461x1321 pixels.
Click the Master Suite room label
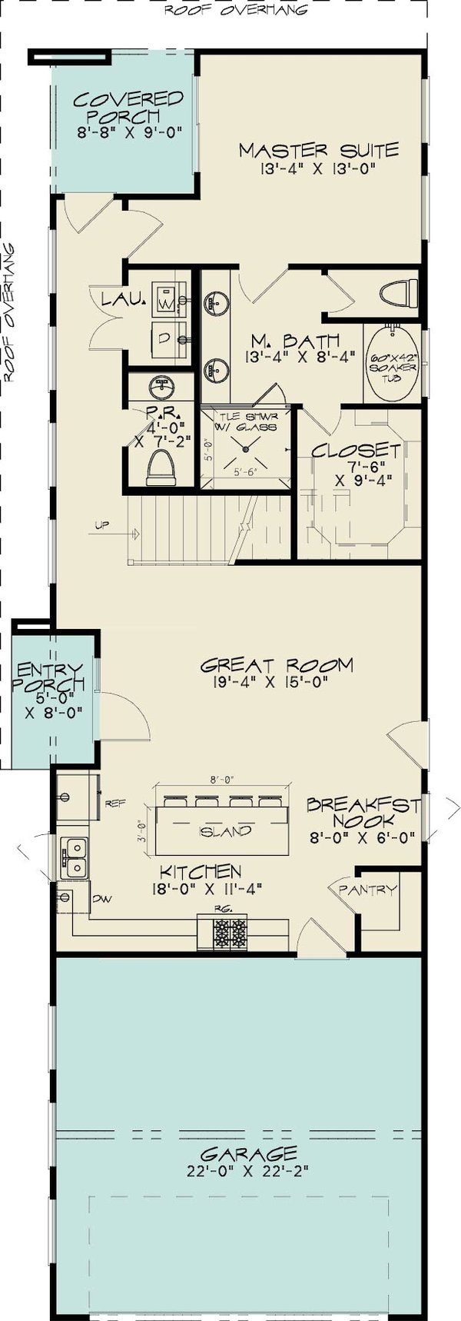tap(318, 150)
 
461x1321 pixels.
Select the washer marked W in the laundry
tap(166, 299)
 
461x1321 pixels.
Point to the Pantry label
tap(367, 890)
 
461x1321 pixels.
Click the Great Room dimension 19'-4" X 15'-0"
tap(276, 682)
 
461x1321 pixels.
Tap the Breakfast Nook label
tap(363, 813)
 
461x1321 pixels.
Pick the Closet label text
tap(356, 451)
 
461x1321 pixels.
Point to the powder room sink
tap(162, 385)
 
